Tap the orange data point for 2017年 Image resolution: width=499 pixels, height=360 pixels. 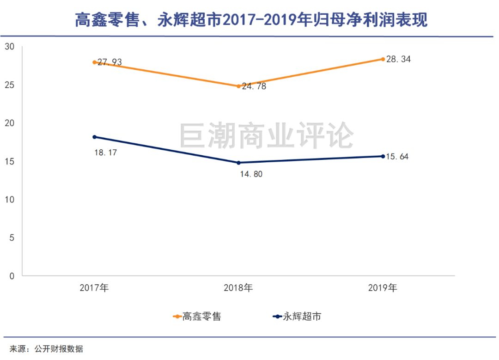(94, 62)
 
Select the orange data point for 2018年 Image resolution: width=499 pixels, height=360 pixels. (238, 86)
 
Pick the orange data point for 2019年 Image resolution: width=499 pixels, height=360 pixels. (383, 59)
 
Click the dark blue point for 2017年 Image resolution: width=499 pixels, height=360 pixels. (94, 137)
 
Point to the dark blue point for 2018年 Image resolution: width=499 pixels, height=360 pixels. (238, 163)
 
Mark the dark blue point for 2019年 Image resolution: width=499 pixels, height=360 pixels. (383, 156)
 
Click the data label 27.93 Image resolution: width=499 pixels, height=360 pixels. (109, 62)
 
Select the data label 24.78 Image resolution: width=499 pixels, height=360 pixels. (254, 86)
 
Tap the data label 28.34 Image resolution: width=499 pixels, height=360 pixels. (398, 59)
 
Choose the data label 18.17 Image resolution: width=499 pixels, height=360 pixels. (105, 152)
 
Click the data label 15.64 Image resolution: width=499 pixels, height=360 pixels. (397, 157)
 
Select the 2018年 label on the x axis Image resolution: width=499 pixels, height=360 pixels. (238, 288)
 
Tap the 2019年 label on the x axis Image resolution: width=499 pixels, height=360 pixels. (383, 288)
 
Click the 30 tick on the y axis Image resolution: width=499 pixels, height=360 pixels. (10, 47)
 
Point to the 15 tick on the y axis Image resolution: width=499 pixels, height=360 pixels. (10, 161)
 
